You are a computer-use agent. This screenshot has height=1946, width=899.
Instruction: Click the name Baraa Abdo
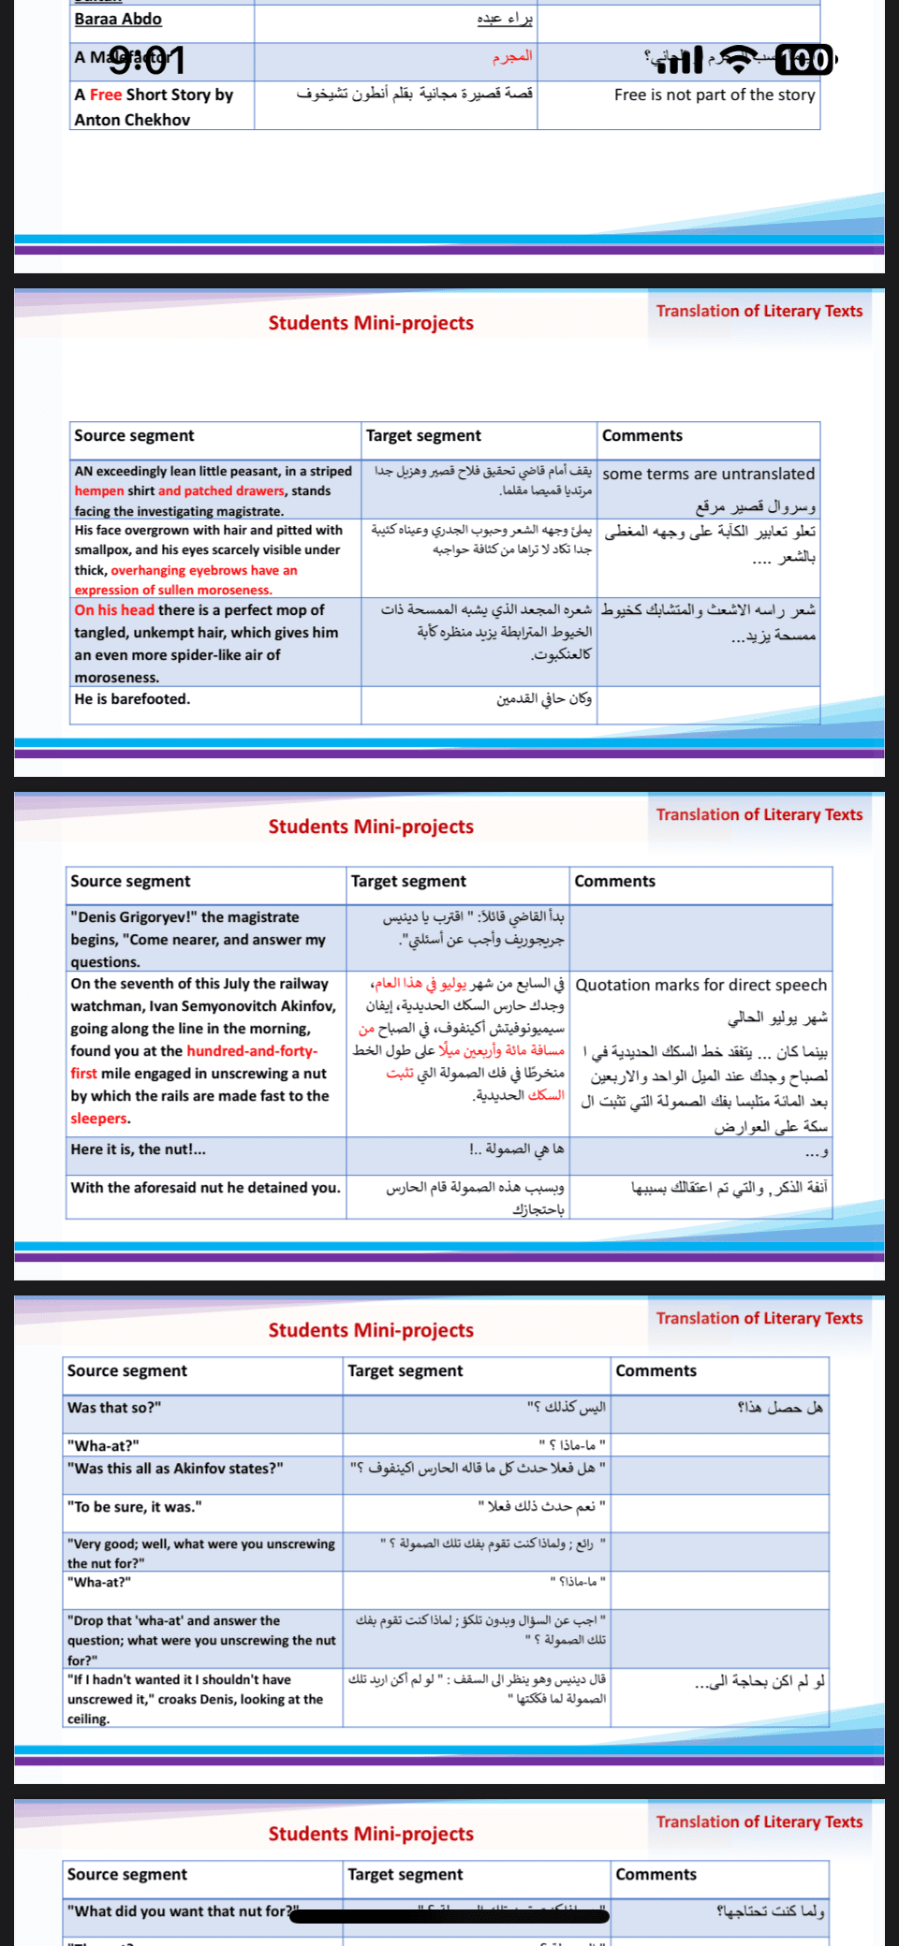pyautogui.click(x=118, y=19)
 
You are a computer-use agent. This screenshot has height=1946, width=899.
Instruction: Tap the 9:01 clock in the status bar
pyautogui.click(x=148, y=61)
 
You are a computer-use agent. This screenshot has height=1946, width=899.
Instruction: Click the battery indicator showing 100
pyautogui.click(x=805, y=60)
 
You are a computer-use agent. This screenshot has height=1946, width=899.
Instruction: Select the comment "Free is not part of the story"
pyautogui.click(x=715, y=95)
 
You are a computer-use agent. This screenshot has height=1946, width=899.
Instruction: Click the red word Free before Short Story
pyautogui.click(x=106, y=95)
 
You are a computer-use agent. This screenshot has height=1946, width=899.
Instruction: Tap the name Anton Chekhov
pyautogui.click(x=132, y=120)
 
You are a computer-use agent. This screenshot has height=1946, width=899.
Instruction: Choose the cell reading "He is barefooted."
pyautogui.click(x=132, y=699)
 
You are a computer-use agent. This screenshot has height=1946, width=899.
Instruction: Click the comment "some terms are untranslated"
pyautogui.click(x=708, y=474)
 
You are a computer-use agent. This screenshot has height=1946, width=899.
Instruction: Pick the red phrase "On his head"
pyautogui.click(x=114, y=610)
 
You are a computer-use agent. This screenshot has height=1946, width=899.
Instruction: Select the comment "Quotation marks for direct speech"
pyautogui.click(x=700, y=985)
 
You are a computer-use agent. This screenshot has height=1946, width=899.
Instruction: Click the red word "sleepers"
pyautogui.click(x=99, y=1119)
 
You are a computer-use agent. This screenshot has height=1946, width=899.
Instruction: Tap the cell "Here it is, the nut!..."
pyautogui.click(x=139, y=1149)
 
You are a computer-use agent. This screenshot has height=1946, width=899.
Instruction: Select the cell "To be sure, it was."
pyautogui.click(x=135, y=1507)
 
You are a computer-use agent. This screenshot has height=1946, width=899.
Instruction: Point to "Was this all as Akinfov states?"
pyautogui.click(x=175, y=1469)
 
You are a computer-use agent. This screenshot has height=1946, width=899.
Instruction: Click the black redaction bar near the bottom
pyautogui.click(x=449, y=1915)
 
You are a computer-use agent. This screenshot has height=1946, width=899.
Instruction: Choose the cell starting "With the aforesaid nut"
pyautogui.click(x=205, y=1188)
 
